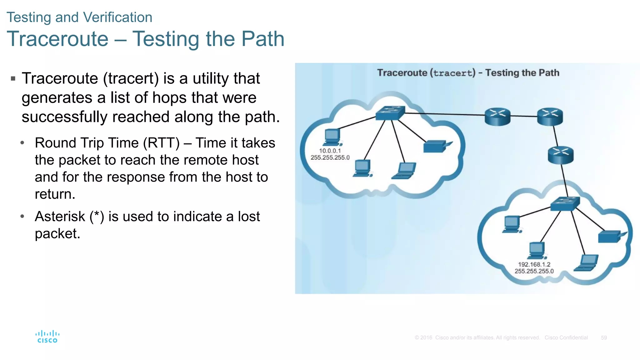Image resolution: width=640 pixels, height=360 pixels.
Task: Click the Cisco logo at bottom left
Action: (x=47, y=337)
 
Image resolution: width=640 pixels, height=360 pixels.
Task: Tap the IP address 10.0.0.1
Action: (x=330, y=151)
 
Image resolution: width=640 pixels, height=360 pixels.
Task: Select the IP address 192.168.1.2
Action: (x=534, y=264)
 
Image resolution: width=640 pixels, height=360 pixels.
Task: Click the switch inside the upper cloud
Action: (x=390, y=113)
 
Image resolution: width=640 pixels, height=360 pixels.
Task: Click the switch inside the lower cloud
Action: (x=565, y=204)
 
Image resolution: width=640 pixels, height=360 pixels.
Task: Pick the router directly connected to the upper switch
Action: (x=497, y=117)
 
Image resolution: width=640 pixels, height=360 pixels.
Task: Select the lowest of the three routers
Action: (x=561, y=155)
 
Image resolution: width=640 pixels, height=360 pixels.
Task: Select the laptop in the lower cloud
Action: (x=587, y=263)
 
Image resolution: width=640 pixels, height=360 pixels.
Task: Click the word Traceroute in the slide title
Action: (x=57, y=39)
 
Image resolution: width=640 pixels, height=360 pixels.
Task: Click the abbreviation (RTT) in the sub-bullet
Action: (x=161, y=143)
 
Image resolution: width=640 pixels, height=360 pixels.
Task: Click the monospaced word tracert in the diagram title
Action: (x=453, y=73)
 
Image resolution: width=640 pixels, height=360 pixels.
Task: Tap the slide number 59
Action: (x=604, y=337)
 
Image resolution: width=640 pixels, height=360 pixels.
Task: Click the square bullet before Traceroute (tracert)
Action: (x=13, y=78)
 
